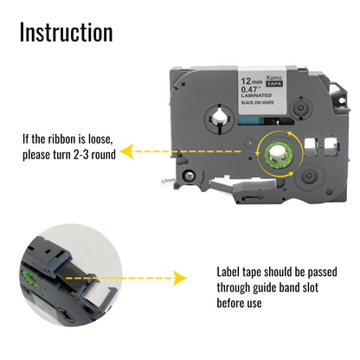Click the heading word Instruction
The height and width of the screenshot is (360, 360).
pyautogui.click(x=67, y=32)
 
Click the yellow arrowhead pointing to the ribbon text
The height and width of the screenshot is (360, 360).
pyautogui.click(x=126, y=151)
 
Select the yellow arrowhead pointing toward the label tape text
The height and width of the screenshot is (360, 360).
pyautogui.click(x=180, y=278)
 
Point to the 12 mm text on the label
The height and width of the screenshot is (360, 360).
pyautogui.click(x=252, y=81)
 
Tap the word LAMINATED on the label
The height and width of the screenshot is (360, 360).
pyautogui.click(x=256, y=95)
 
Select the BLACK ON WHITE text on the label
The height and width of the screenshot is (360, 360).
pyautogui.click(x=258, y=102)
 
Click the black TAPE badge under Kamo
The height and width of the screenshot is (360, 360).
pyautogui.click(x=274, y=84)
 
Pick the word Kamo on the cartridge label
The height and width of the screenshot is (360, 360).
pyautogui.click(x=273, y=78)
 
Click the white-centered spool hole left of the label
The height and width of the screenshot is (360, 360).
pyautogui.click(x=219, y=119)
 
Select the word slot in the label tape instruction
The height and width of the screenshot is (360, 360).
pyautogui.click(x=311, y=287)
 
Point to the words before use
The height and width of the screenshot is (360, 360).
pyautogui.click(x=239, y=303)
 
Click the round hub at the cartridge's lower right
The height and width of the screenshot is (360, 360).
pyautogui.click(x=309, y=176)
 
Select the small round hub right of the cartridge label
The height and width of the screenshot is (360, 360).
pyautogui.click(x=301, y=108)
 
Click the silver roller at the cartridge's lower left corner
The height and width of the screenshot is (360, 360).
pyautogui.click(x=189, y=176)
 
